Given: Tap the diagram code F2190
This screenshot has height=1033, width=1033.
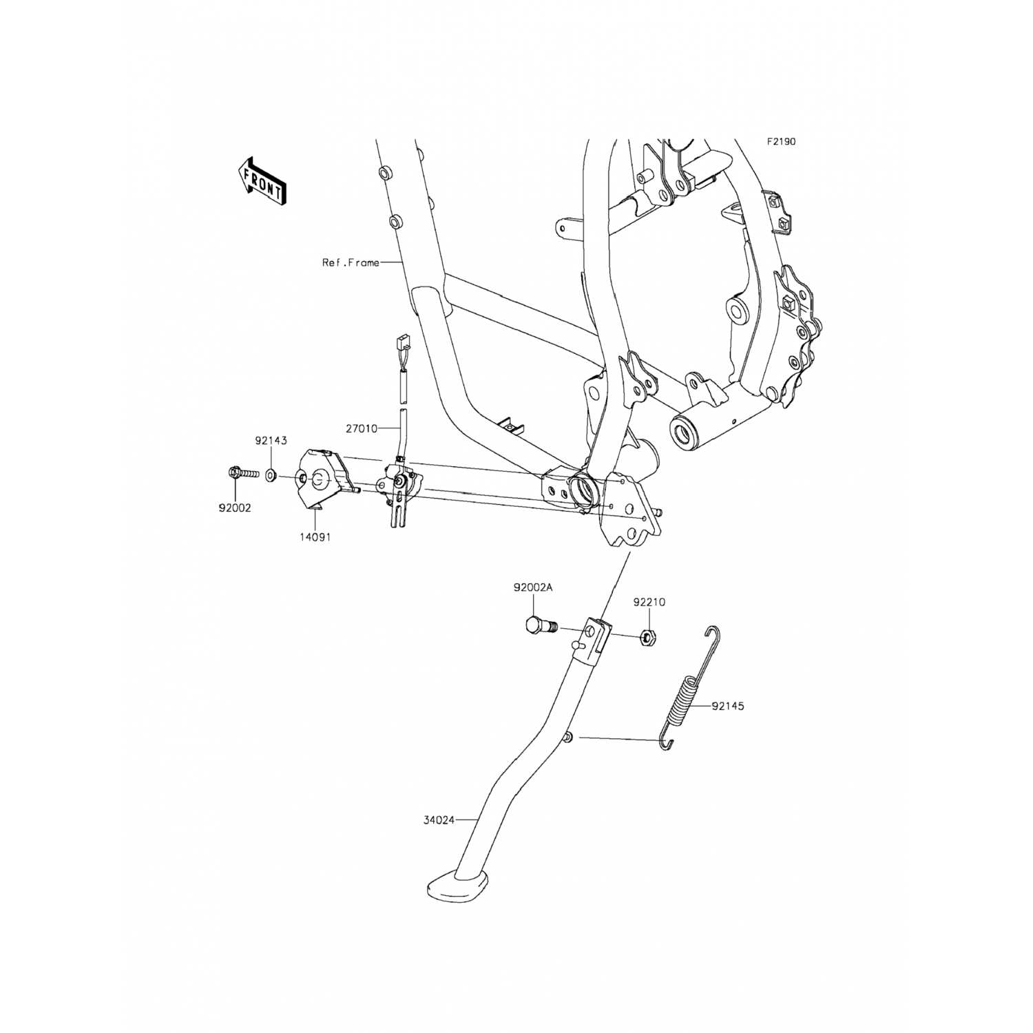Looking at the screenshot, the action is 782,142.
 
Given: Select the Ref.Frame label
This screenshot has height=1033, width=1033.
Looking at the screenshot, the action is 351,262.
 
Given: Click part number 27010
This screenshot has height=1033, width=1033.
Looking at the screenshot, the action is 362,428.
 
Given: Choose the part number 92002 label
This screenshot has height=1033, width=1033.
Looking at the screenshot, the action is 235,508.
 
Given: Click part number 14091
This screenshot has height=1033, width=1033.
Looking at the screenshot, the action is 315,537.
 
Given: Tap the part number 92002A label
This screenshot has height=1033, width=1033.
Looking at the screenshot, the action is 533,587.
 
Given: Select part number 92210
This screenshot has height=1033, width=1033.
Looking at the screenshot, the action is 649,602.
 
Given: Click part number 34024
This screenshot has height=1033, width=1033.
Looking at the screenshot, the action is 439,820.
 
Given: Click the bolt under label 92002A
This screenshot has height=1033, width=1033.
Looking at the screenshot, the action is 541,626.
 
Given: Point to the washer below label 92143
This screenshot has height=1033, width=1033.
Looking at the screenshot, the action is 271,475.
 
